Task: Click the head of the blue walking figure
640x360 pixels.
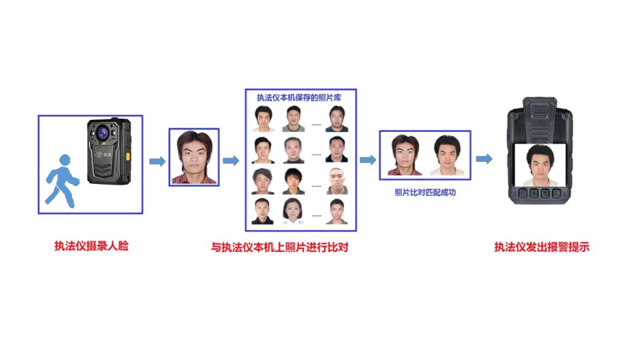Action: [64, 161]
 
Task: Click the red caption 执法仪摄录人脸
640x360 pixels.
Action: [91, 246]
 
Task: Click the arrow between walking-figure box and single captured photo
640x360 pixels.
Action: [157, 161]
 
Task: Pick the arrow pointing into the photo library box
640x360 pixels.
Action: [231, 161]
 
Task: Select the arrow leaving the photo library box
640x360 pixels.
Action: [367, 159]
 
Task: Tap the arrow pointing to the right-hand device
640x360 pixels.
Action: [485, 159]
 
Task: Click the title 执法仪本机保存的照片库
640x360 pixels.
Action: [300, 98]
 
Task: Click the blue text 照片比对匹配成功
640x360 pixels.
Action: [425, 192]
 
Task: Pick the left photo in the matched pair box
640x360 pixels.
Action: [405, 155]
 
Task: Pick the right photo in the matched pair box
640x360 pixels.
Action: [445, 155]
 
